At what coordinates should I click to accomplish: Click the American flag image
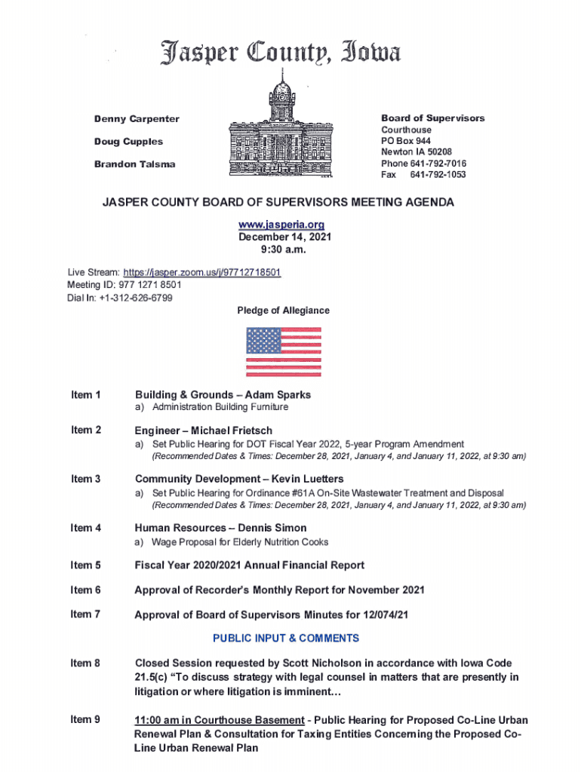tap(284, 351)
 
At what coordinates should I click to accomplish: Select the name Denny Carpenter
tap(137, 119)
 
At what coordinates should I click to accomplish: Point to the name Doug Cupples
tap(128, 142)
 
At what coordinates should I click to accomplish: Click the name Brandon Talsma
tap(134, 164)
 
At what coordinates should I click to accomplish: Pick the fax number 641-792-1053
tap(438, 175)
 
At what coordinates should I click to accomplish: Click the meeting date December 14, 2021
tap(284, 237)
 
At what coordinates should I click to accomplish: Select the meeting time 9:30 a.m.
tap(284, 250)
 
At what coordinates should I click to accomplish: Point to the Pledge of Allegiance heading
tap(283, 311)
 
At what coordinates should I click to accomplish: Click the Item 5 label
tap(85, 565)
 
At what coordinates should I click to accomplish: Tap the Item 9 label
tap(85, 720)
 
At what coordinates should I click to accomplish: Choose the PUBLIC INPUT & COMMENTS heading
tap(286, 638)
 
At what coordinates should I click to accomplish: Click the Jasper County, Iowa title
tap(279, 53)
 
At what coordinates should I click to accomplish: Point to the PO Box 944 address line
tap(406, 141)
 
